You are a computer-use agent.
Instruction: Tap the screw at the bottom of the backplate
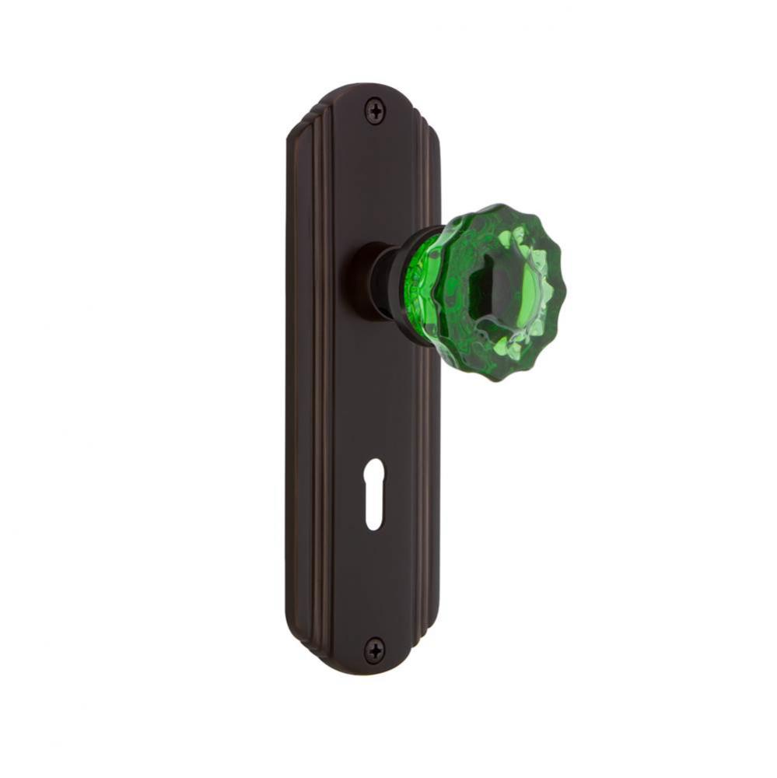(x=376, y=648)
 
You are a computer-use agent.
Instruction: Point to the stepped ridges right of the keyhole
(x=428, y=498)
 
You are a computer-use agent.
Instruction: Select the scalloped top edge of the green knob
(x=498, y=209)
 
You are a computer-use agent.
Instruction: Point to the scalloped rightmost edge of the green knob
(x=562, y=288)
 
